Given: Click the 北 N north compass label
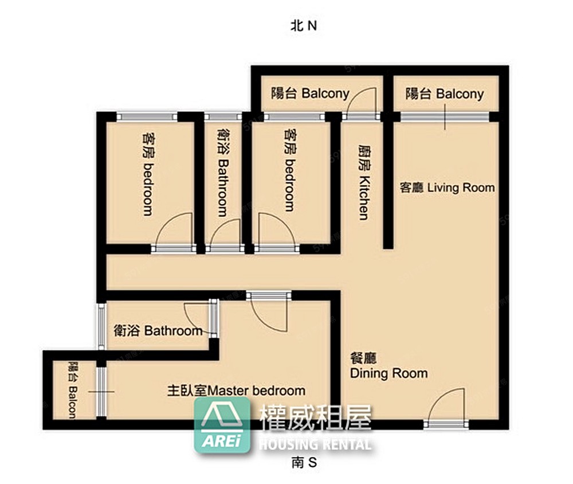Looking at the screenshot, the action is tap(303, 26).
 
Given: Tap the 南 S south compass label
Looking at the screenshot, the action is tap(304, 463).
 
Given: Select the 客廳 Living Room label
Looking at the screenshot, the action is tap(448, 188).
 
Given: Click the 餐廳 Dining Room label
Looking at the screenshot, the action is tap(389, 366).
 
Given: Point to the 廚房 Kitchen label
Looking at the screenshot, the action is tap(364, 182).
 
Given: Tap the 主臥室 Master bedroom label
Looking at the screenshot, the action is tap(237, 391).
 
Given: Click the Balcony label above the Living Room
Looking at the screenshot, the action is tap(445, 93).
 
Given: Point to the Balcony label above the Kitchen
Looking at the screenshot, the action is tap(310, 93).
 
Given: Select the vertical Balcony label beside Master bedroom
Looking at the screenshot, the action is tap(73, 390).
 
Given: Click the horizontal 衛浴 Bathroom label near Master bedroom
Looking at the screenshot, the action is tap(158, 331).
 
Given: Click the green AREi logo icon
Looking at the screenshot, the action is tap(222, 425).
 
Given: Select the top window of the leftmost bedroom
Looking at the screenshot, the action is tap(147, 117).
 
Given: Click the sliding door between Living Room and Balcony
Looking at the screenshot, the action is tap(445, 117).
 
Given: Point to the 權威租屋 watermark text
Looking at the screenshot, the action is tap(316, 418).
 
